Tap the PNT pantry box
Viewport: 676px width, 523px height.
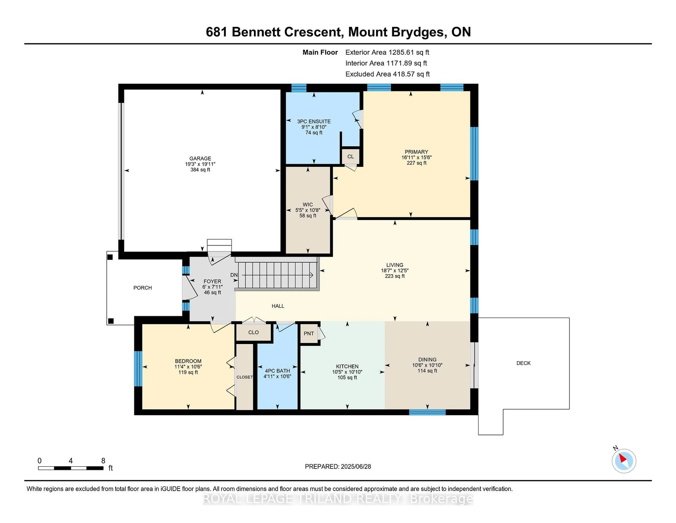tap(309, 333)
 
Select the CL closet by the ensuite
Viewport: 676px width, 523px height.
tap(350, 156)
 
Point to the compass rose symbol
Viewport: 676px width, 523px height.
tap(624, 461)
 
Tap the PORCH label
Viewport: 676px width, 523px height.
tap(142, 288)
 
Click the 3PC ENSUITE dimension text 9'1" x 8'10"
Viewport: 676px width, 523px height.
tap(314, 127)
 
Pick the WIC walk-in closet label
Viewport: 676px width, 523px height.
tap(308, 204)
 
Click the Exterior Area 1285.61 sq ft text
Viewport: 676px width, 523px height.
tap(387, 52)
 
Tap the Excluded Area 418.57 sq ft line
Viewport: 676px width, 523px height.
tap(387, 74)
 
